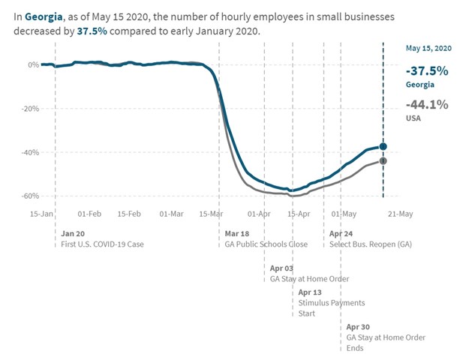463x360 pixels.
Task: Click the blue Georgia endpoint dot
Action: [x=383, y=146]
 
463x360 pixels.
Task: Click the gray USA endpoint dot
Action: [x=383, y=160]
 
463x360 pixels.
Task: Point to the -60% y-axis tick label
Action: [x=29, y=196]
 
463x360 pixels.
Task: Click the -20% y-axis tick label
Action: [x=29, y=108]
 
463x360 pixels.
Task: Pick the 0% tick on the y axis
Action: [x=33, y=64]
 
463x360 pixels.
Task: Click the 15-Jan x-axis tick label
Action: [x=42, y=214]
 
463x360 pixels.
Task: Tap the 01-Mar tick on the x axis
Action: [x=172, y=214]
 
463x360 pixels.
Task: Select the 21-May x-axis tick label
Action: [x=399, y=214]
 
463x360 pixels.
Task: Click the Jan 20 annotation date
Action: [x=73, y=233]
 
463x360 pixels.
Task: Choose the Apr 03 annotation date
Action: [x=282, y=268]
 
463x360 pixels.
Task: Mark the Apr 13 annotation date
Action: [x=311, y=292]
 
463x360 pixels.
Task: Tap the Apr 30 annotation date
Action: [x=359, y=327]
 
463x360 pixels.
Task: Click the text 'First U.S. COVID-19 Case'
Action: [x=102, y=244]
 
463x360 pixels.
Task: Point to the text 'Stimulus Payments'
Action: [x=332, y=303]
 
